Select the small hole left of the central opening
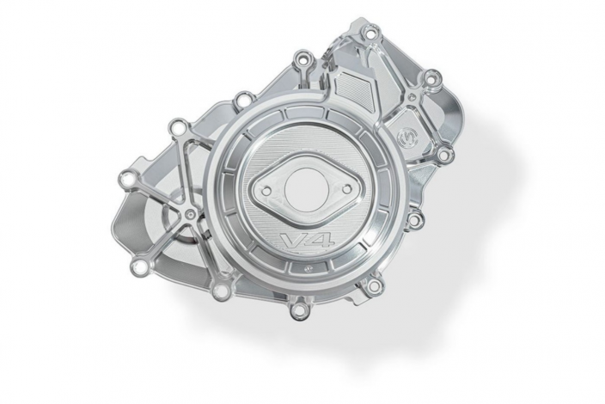click(266, 191)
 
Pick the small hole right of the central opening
click(346, 188)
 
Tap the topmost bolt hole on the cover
click(370, 34)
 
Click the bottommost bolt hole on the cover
click(298, 309)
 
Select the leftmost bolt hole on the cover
click(128, 179)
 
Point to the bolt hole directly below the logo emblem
click(443, 155)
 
